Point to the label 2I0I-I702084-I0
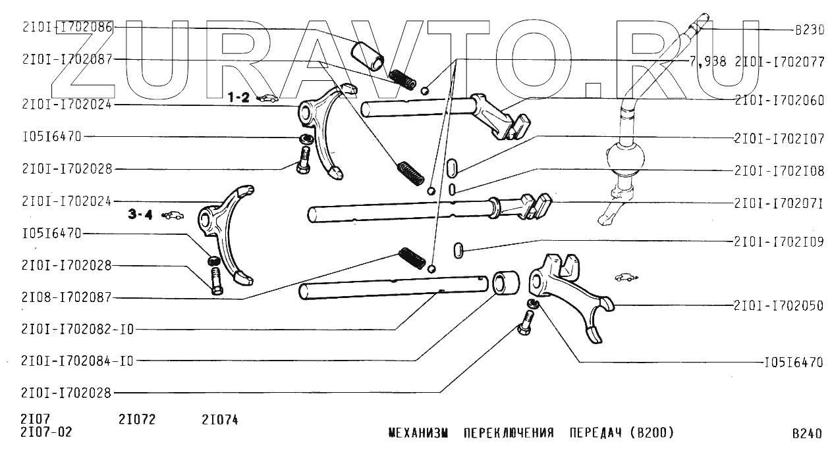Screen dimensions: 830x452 tap(77, 361)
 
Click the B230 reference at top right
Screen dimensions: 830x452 tap(809, 30)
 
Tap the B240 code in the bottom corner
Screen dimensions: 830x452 tap(806, 434)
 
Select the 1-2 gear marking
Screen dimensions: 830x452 tap(238, 97)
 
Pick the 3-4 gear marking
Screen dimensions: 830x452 tap(140, 214)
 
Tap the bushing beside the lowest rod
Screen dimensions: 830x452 tap(506, 283)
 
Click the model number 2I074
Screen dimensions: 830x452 tap(220, 420)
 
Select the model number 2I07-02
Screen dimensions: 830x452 tap(46, 432)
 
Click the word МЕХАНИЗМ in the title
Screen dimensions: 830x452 tap(418, 433)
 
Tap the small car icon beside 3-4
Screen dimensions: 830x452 tap(173, 215)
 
